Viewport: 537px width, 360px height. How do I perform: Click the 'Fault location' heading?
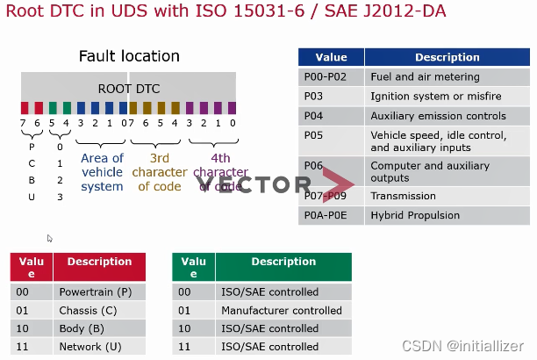pos(129,56)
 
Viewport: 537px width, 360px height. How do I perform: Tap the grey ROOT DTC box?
pos(129,88)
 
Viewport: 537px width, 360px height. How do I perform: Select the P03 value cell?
pos(331,96)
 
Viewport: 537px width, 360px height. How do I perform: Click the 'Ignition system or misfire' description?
pos(426,96)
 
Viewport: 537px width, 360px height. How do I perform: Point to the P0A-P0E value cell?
pos(331,215)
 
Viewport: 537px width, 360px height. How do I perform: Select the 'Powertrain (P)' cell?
pos(95,292)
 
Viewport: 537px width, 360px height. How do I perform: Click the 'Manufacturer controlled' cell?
pos(282,310)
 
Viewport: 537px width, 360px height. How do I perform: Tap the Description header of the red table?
pos(99,262)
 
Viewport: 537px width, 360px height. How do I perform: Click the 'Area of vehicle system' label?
pos(102,172)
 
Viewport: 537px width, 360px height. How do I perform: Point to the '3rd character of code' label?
pos(159,172)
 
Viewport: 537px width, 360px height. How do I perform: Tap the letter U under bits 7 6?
pos(32,197)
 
